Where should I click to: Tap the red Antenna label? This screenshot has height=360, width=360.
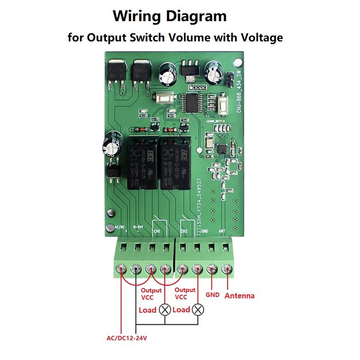coord(239,296)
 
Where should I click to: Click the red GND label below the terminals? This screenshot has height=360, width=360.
coord(212,295)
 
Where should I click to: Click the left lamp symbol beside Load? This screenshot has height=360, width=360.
coord(166,310)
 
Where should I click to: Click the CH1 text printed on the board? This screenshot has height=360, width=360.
coord(157,231)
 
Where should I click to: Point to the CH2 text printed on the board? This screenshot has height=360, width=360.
coord(184,231)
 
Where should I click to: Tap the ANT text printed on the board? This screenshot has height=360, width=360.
coord(222,231)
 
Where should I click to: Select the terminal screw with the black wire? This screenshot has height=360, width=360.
coord(135,270)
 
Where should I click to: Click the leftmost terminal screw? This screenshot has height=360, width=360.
coord(121,270)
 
